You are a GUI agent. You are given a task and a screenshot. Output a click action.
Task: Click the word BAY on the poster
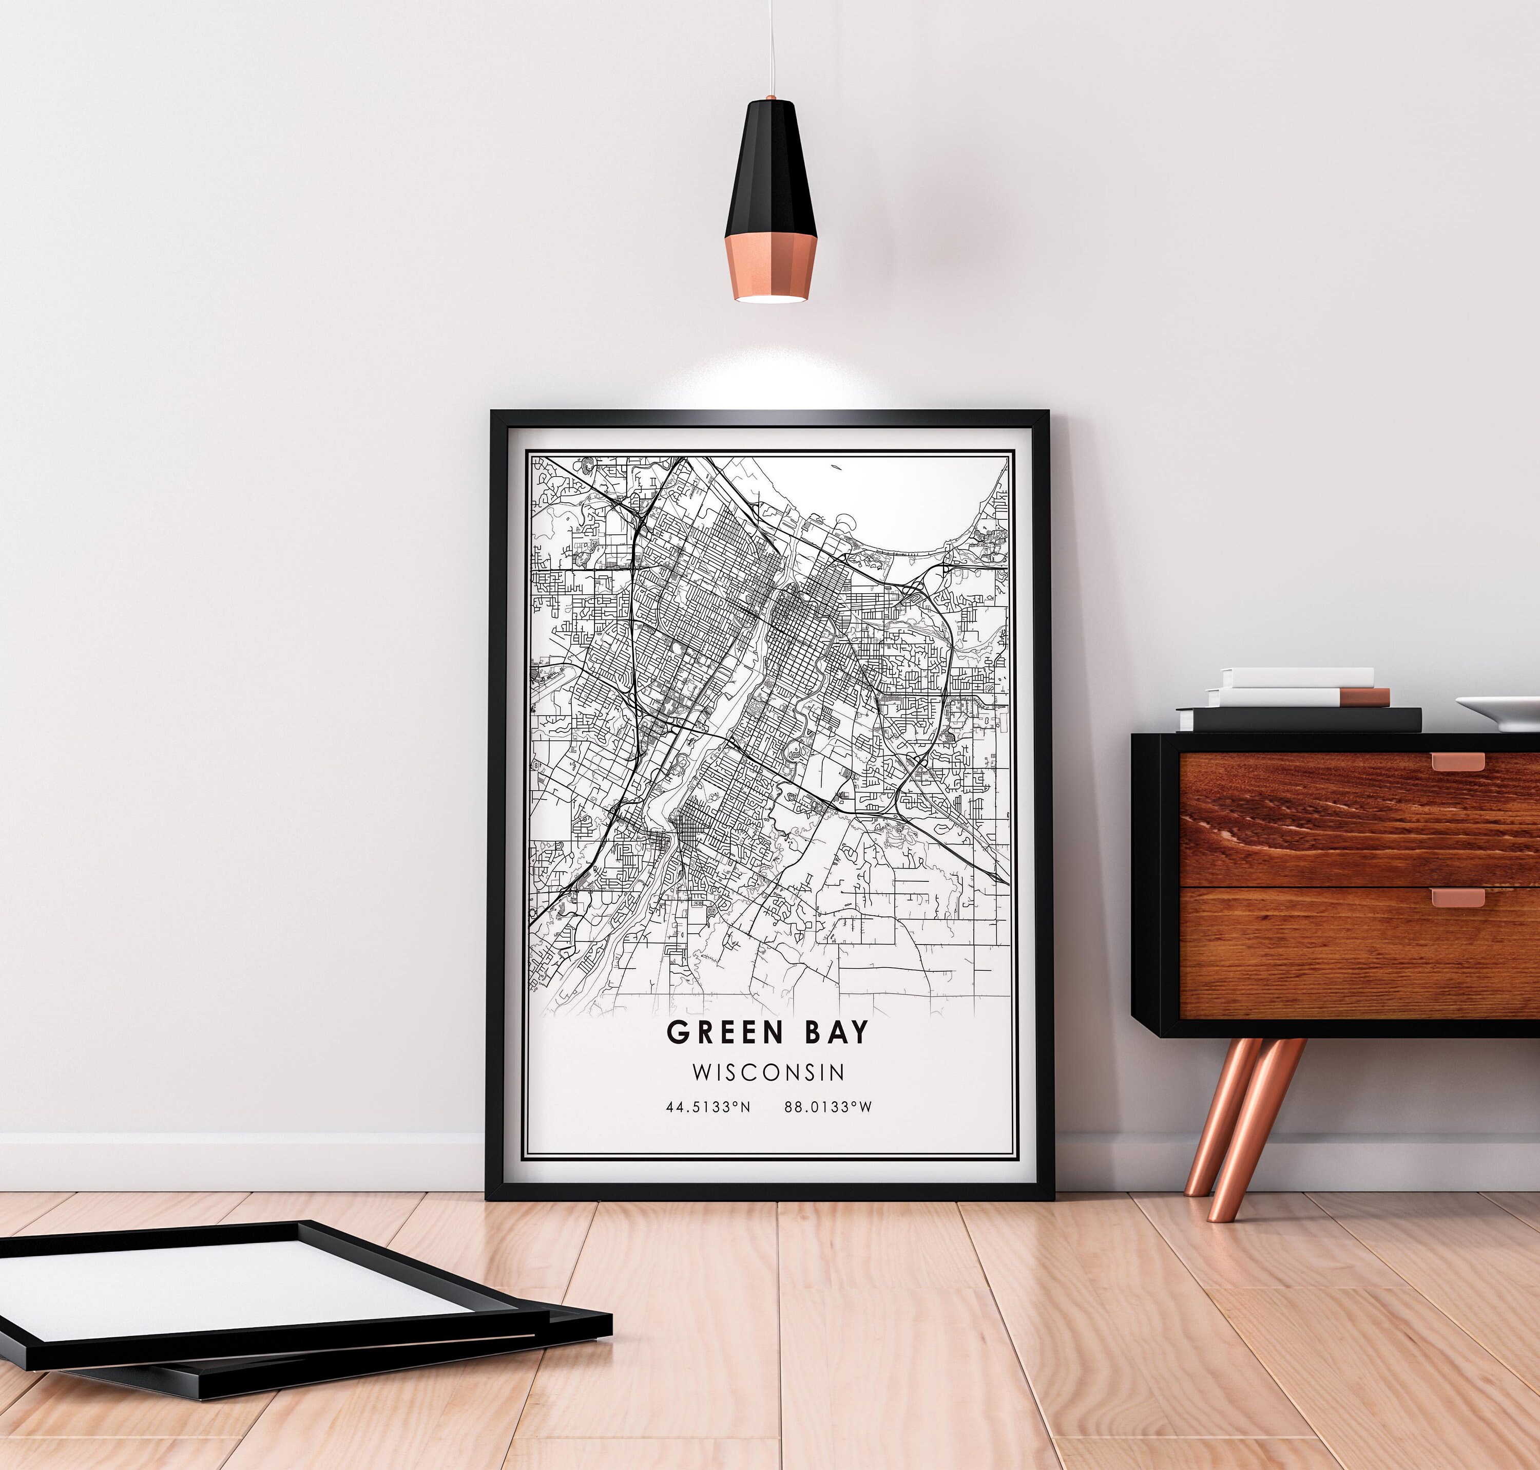[835, 1033]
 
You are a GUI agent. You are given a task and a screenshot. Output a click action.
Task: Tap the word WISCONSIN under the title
[768, 1071]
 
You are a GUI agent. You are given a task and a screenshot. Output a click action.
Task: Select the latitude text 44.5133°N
[707, 1107]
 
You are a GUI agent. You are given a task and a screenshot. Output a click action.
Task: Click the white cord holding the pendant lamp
[771, 47]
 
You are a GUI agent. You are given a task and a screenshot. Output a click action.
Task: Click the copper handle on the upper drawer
[1458, 761]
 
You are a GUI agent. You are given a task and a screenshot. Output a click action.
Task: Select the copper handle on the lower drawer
[1458, 897]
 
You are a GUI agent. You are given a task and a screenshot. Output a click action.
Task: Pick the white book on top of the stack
[1296, 677]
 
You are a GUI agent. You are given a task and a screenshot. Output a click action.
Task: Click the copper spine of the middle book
[1364, 696]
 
